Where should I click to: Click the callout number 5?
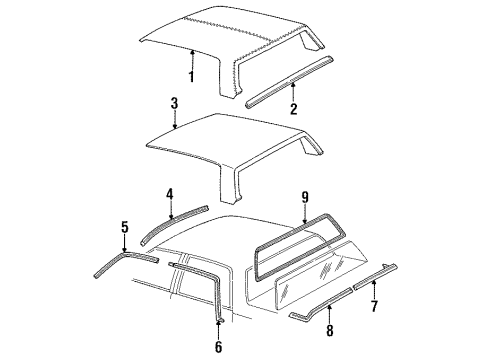pyautogui.click(x=124, y=227)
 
